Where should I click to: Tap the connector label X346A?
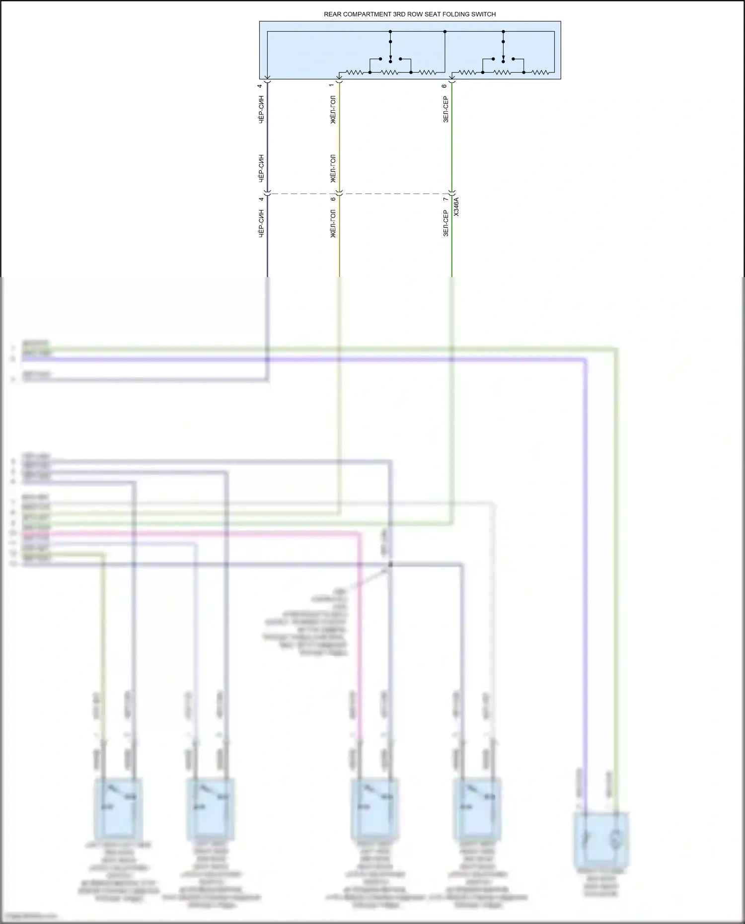[456, 207]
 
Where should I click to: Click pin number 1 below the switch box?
[332, 86]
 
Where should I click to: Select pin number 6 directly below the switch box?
[445, 86]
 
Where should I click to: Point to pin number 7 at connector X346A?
[445, 199]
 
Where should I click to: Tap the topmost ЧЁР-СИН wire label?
[261, 110]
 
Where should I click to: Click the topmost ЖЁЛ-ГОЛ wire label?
[333, 110]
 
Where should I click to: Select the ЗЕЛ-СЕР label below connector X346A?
[446, 223]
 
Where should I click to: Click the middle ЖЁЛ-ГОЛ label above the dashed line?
[333, 168]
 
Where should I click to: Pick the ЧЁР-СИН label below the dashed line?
[261, 223]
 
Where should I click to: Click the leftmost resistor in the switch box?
[355, 72]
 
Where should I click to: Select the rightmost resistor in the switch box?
[540, 72]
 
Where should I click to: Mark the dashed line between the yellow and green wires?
[395, 194]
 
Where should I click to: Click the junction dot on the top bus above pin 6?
[445, 32]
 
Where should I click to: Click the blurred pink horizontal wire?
[199, 534]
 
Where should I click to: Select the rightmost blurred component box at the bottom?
[600, 840]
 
